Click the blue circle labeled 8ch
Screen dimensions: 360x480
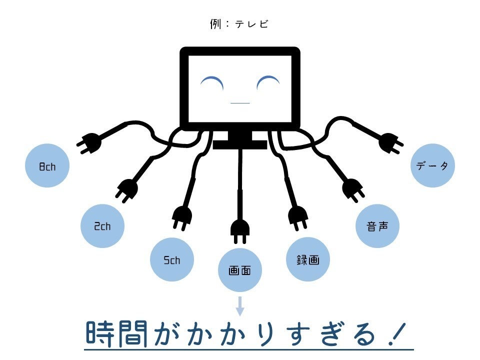[47, 166]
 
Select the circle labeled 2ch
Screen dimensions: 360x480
[102, 226]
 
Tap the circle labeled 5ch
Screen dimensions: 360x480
[172, 259]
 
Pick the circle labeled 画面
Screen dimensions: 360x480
[239, 270]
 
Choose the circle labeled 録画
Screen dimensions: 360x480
[308, 259]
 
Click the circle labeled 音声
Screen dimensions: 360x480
[377, 226]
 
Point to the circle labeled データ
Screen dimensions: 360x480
[432, 166]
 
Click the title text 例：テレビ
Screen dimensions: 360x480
[239, 24]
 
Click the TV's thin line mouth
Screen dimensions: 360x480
[240, 103]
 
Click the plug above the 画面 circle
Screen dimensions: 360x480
[239, 228]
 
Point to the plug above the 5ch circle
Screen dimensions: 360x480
[181, 217]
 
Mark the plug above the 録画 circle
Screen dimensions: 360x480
[298, 217]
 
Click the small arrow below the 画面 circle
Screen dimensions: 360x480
[240, 305]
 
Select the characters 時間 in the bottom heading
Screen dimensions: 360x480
[117, 334]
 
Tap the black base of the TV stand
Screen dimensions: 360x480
[240, 144]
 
